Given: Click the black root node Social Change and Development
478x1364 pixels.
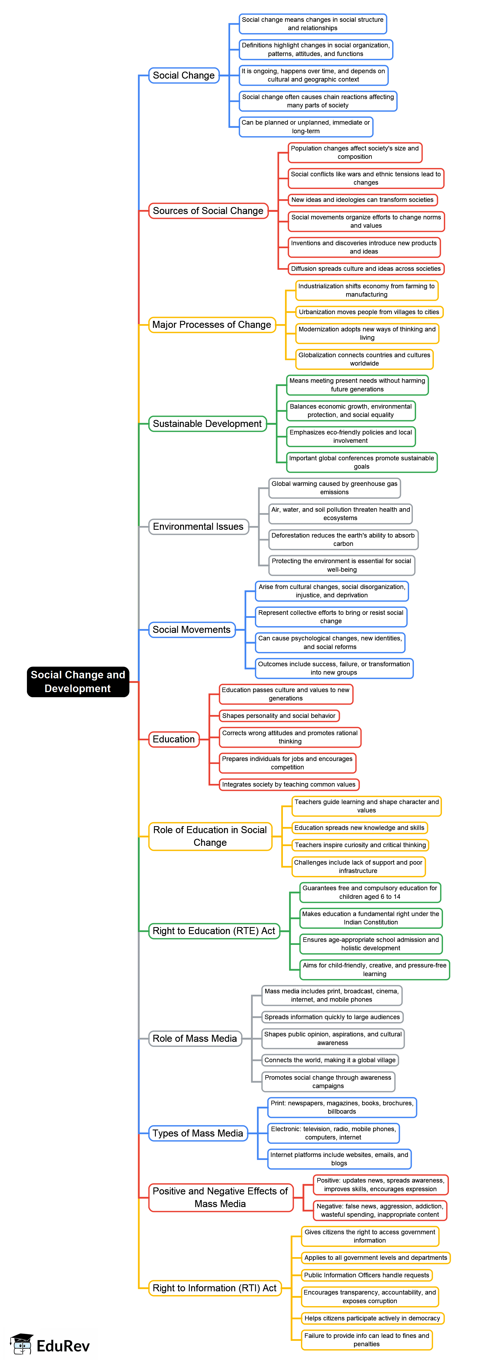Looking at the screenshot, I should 78,682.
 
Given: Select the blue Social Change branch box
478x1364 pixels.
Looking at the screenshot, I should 184,75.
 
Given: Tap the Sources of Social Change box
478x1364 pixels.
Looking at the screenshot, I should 208,211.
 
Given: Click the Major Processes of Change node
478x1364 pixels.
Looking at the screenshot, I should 212,325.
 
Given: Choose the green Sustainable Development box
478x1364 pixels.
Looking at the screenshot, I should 207,424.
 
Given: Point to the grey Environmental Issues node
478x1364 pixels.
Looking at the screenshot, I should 198,526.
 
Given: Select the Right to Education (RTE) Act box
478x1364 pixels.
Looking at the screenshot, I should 214,931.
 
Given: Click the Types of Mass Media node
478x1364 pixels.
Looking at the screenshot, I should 198,1133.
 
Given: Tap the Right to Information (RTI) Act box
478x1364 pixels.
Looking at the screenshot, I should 215,1288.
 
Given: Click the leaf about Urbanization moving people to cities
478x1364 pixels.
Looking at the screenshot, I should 369,312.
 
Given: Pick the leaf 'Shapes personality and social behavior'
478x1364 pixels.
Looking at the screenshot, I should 279,715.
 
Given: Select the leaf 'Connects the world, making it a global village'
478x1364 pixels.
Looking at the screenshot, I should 330,1060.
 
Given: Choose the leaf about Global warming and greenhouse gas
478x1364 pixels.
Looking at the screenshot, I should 335,488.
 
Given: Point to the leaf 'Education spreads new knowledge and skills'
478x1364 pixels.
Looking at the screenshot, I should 359,827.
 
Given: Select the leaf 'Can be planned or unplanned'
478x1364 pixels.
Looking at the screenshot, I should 306,127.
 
